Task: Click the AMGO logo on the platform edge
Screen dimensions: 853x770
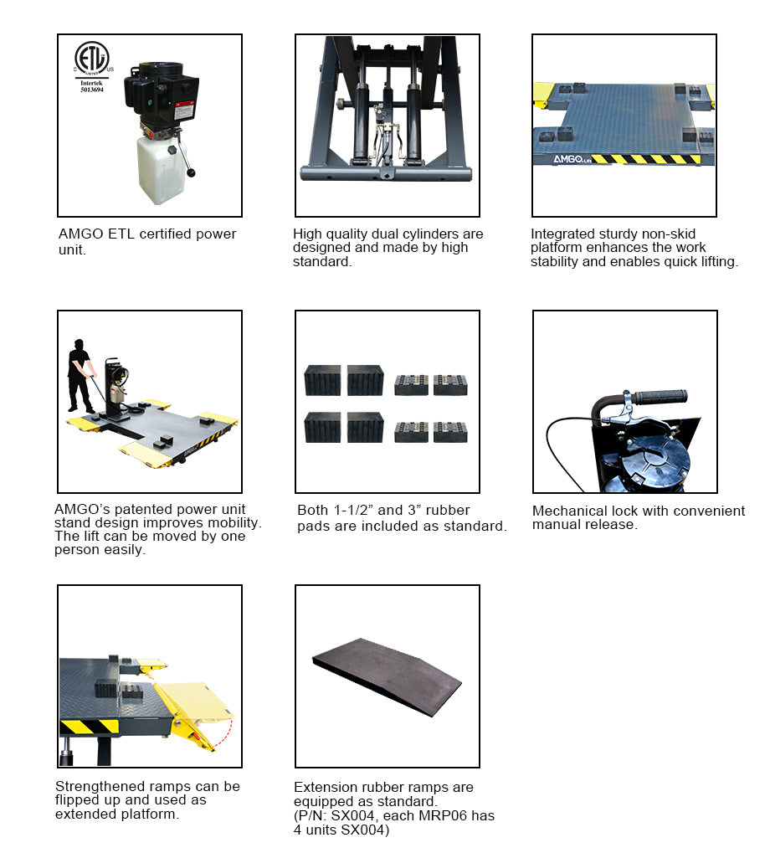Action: pyautogui.click(x=555, y=157)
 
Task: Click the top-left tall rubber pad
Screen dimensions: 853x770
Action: pyautogui.click(x=322, y=379)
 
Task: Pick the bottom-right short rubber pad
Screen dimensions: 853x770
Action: pyautogui.click(x=450, y=432)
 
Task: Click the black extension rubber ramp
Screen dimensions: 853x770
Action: pyautogui.click(x=387, y=675)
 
